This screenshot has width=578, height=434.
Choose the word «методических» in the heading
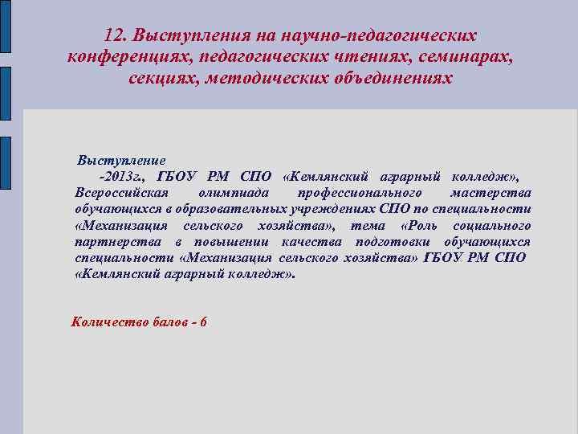click(263, 79)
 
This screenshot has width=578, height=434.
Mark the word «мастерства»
click(490, 193)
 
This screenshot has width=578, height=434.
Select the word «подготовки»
click(389, 242)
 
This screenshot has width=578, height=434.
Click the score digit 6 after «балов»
click(203, 322)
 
